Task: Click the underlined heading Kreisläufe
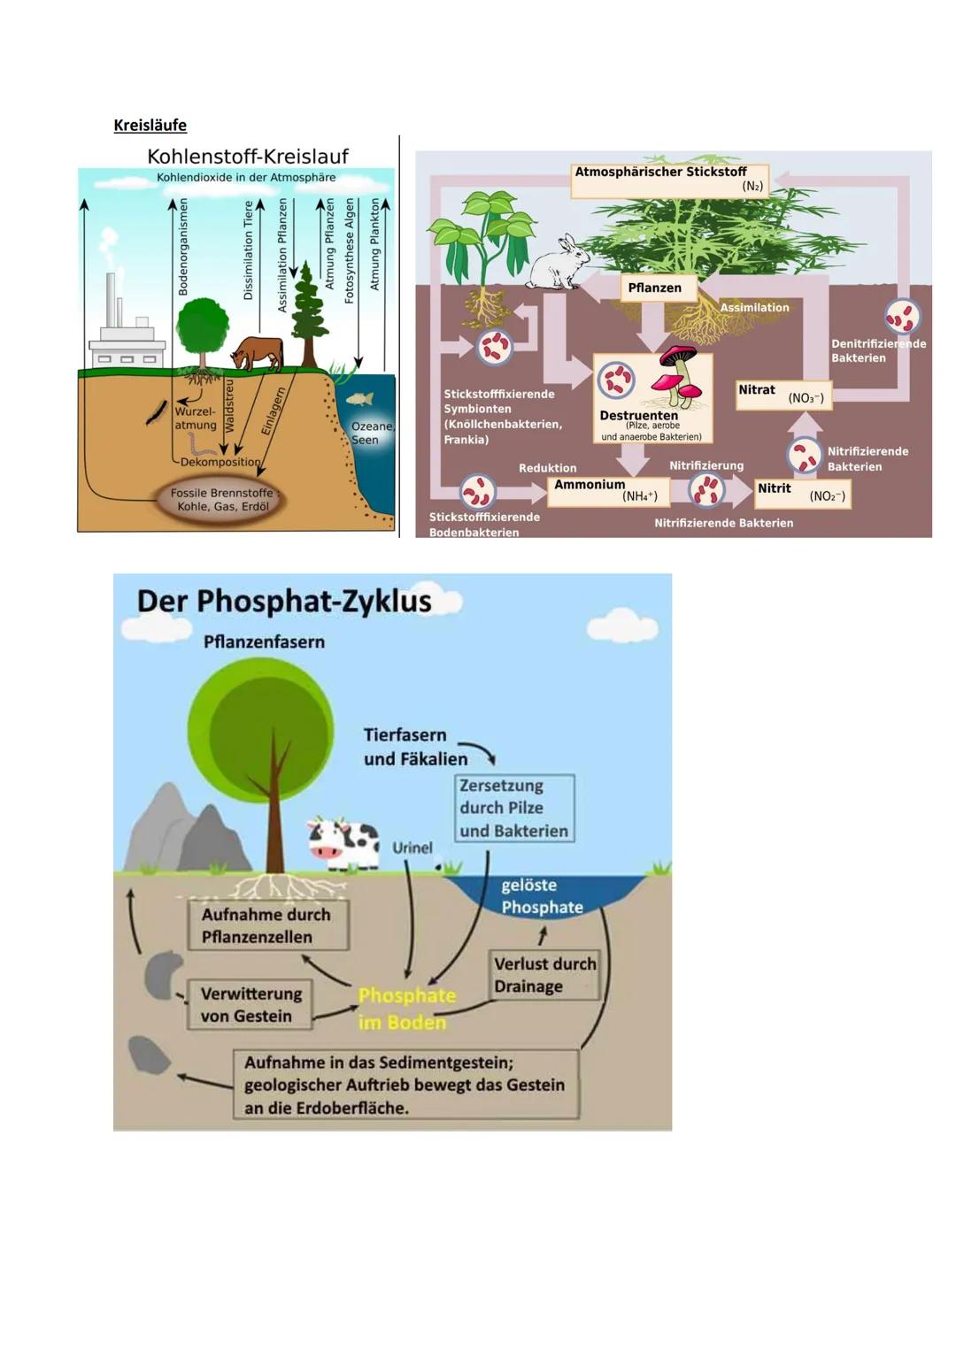tap(150, 125)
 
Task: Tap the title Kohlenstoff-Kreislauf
tap(247, 157)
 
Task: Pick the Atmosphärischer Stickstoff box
tap(669, 180)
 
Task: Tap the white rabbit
tap(559, 263)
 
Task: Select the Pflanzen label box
tap(655, 288)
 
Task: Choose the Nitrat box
tap(783, 394)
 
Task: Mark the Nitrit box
tap(802, 492)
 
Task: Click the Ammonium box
tap(607, 490)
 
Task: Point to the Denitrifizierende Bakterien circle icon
tap(901, 316)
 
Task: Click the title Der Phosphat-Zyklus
tap(284, 602)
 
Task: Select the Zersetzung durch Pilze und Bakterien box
tap(514, 808)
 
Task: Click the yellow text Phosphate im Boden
tap(406, 1009)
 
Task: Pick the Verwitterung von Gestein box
tap(251, 1004)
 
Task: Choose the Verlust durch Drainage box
tap(544, 975)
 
